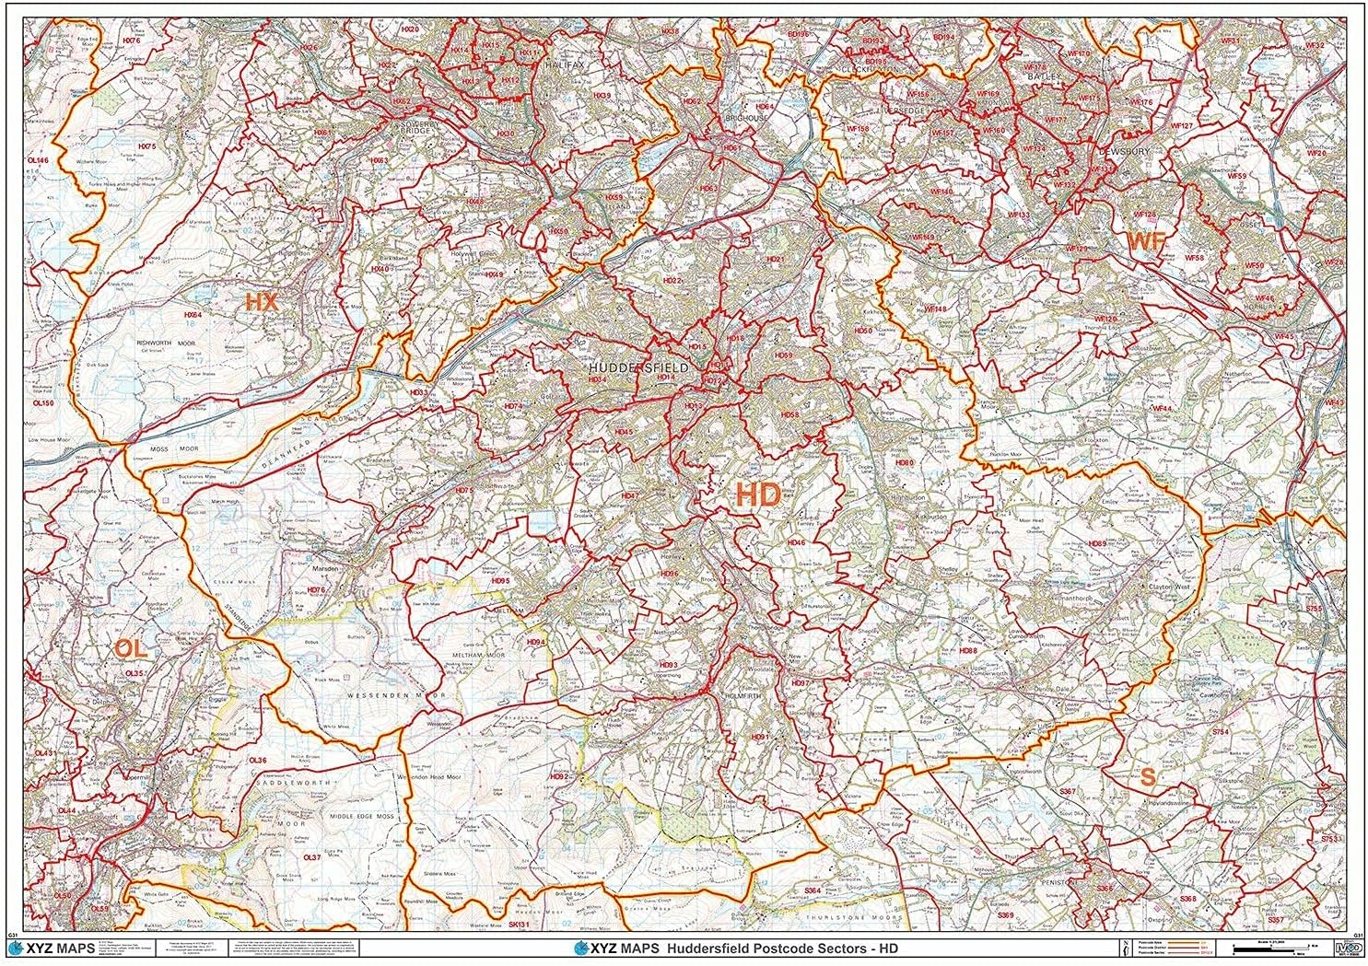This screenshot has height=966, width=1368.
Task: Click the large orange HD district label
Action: click(x=758, y=495)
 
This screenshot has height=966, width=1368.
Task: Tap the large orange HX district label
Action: click(x=261, y=301)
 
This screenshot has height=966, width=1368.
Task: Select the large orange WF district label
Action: click(x=1147, y=241)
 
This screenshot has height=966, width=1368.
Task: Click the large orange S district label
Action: click(x=1147, y=776)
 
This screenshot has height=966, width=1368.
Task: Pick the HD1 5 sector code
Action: click(x=696, y=347)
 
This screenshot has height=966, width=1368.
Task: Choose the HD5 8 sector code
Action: click(x=789, y=415)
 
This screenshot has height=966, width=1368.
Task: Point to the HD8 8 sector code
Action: click(x=968, y=651)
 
